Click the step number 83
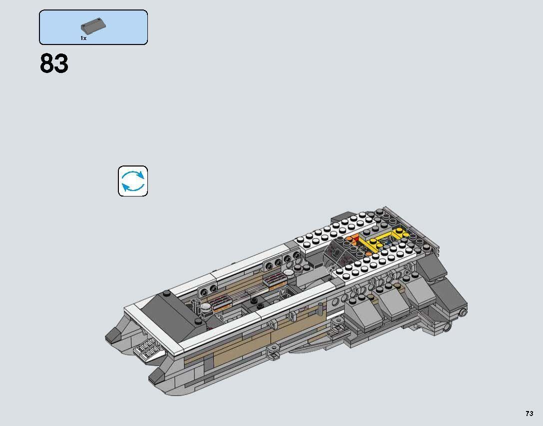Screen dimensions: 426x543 pyautogui.click(x=54, y=64)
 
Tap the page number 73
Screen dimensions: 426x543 pyautogui.click(x=529, y=413)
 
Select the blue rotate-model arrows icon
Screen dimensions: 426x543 pyautogui.click(x=133, y=181)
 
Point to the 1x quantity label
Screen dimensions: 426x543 pyautogui.click(x=83, y=38)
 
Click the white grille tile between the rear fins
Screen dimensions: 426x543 pyautogui.click(x=149, y=348)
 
